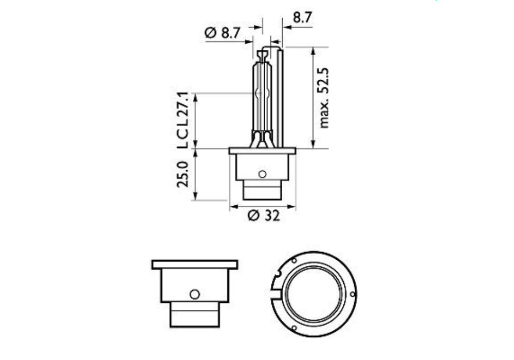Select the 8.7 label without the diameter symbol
coord(302,17)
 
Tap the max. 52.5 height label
coord(323,98)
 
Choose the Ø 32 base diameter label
coord(263,216)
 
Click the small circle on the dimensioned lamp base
coord(262,174)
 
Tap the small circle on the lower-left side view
coord(194,294)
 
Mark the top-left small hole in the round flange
coord(293,261)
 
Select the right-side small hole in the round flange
coord(352,294)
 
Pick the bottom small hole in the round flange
coord(293,328)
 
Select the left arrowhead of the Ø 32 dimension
coord(233,207)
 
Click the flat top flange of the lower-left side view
coord(195,264)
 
